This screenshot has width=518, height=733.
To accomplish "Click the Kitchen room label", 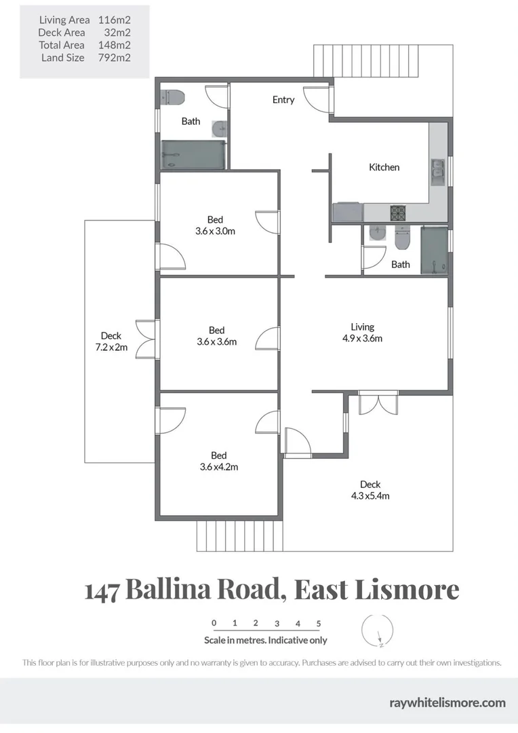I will (x=384, y=167).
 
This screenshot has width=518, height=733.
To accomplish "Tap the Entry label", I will (x=283, y=100).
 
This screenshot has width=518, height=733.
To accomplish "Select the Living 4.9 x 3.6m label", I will (x=362, y=333).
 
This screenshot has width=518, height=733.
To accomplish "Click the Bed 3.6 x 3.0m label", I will (x=216, y=225).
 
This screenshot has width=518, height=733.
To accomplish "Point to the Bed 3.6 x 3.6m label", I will (x=216, y=336).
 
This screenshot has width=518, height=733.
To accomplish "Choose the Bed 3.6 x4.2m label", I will (x=218, y=461).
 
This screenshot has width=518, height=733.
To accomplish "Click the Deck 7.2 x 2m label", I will (x=111, y=341).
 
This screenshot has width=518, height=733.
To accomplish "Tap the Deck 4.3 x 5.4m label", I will (x=370, y=489).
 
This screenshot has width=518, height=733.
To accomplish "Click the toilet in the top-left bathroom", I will (x=174, y=98).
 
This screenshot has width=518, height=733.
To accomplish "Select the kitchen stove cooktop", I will (x=397, y=213).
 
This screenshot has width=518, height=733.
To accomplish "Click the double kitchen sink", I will (x=437, y=172).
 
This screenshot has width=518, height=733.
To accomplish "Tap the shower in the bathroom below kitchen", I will (x=434, y=249).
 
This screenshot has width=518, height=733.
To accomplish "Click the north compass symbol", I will (x=376, y=631).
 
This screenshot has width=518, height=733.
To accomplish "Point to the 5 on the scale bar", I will (x=318, y=623).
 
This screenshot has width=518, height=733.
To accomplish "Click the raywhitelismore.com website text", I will (x=447, y=702).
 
